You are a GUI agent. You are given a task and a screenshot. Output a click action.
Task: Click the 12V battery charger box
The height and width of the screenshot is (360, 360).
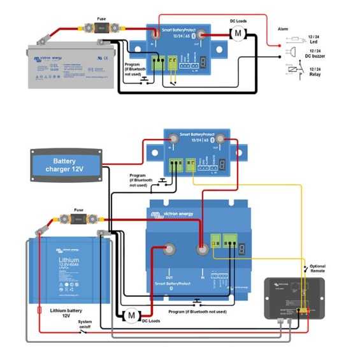coord(64,165)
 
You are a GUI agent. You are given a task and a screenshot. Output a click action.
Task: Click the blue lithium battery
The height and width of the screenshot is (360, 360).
coord(69,270)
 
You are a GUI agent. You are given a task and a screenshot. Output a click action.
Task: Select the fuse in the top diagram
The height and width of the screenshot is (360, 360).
coord(100,28)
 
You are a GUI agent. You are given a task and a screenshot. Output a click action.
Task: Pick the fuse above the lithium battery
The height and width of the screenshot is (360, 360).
coord(79,219)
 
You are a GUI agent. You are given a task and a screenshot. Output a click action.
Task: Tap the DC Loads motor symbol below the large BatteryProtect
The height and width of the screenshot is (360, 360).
coord(131,315)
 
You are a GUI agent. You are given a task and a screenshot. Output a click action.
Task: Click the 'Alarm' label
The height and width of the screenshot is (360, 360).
coord(284,29)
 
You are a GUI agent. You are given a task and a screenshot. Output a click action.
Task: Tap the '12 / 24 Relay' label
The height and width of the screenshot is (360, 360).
coord(315,69)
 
